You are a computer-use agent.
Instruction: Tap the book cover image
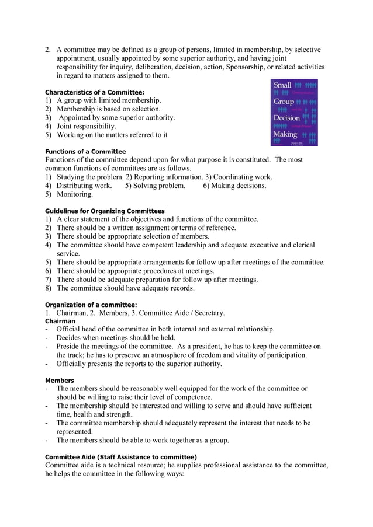294,113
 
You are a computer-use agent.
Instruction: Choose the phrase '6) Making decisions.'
234,186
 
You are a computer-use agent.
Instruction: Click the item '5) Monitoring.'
69,194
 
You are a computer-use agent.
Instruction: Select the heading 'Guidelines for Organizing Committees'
105,211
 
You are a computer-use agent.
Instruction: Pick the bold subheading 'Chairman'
60,321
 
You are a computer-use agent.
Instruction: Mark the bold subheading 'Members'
60,381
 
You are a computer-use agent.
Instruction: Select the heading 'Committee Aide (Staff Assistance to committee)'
121,456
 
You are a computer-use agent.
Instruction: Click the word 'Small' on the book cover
282,85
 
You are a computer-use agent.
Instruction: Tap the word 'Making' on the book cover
285,134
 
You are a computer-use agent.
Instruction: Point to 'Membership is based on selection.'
108,109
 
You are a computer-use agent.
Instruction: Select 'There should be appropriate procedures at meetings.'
135,271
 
